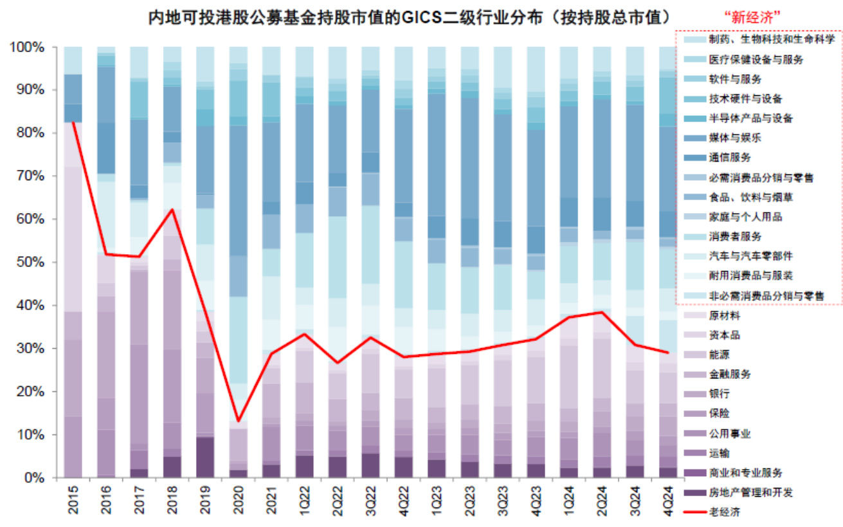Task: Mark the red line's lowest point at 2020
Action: tap(238, 421)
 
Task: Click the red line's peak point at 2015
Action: tap(73, 122)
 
